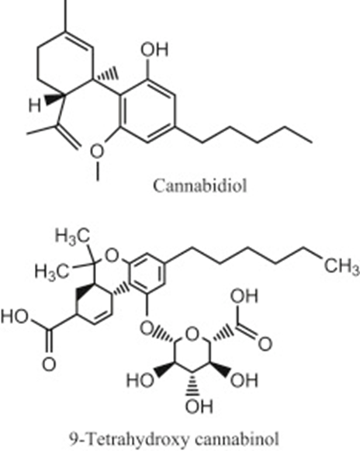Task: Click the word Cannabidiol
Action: coord(200,186)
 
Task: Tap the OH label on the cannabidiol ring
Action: coord(154,49)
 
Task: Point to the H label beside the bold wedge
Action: coord(34,105)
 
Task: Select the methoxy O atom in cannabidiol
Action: coord(97,151)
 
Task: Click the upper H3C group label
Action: coord(73,238)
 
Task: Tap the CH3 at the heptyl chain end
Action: coord(342,265)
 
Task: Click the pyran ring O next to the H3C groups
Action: coord(112,255)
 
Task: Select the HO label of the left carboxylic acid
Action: coord(15,317)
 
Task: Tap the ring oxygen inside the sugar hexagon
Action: coord(192,335)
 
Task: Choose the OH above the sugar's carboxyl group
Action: coord(244,297)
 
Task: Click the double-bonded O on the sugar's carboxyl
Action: coord(265,344)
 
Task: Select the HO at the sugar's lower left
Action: coord(140,380)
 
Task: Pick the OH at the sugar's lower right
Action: coord(244,380)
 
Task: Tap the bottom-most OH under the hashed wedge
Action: coord(199,407)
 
